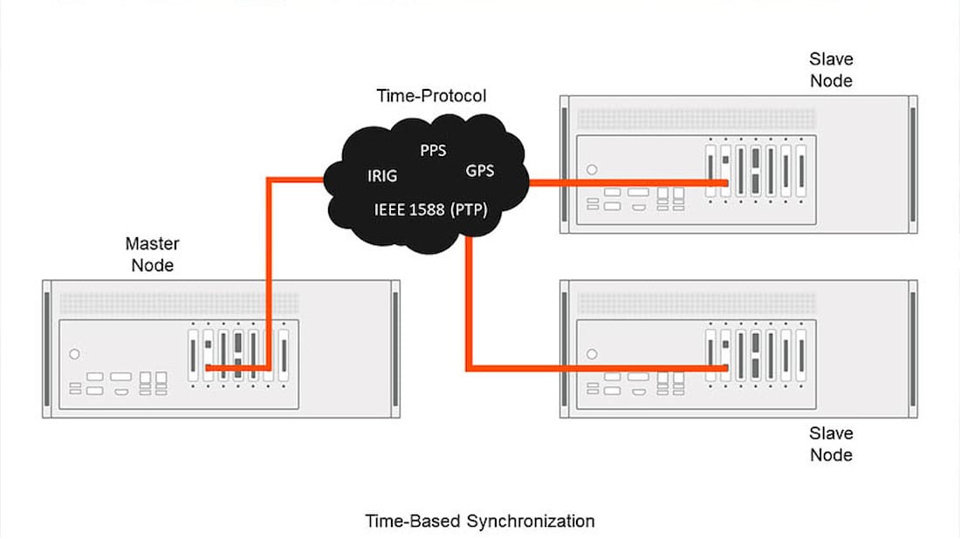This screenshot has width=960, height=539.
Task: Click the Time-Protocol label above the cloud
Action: pos(430,95)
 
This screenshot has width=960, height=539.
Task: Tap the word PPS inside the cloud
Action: pos(433,151)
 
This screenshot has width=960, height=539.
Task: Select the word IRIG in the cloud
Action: pos(382,176)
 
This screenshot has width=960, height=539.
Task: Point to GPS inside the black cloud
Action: pos(479,171)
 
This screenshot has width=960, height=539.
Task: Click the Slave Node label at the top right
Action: pos(831,70)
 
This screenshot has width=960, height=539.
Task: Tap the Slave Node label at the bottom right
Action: pos(831,443)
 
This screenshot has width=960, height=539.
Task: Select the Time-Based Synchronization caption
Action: pos(479,522)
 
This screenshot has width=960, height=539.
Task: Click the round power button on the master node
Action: pos(74,354)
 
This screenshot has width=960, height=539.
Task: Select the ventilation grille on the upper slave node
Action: pos(696,119)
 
